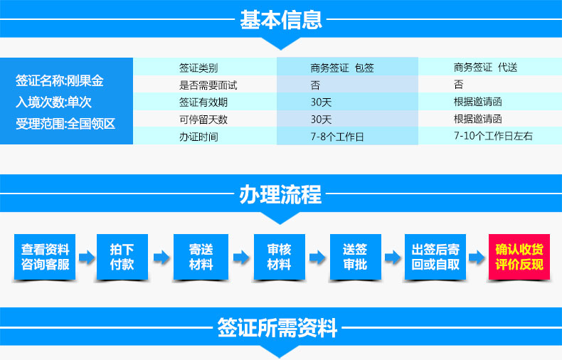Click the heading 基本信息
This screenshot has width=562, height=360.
pyautogui.click(x=281, y=19)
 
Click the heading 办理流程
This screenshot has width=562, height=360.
pyautogui.click(x=280, y=194)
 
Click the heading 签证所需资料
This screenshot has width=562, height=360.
pyautogui.click(x=277, y=327)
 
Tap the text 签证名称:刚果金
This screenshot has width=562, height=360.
pyautogui.click(x=60, y=80)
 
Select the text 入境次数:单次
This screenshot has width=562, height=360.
pyautogui.click(x=53, y=102)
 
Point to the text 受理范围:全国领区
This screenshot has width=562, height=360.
pyautogui.click(x=65, y=124)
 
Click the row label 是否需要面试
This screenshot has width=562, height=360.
pyautogui.click(x=208, y=85)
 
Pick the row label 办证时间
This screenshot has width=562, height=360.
pyautogui.click(x=198, y=137)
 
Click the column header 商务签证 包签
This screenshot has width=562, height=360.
pyautogui.click(x=342, y=68)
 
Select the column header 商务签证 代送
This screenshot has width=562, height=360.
pyautogui.click(x=485, y=67)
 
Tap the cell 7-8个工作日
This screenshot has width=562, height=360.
pyautogui.click(x=337, y=137)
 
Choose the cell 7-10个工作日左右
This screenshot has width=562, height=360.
pyautogui.click(x=493, y=136)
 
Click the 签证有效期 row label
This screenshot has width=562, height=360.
pyautogui.click(x=203, y=102)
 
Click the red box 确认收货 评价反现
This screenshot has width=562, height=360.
pyautogui.click(x=519, y=257)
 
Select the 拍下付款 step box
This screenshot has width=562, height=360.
pyautogui.click(x=122, y=257)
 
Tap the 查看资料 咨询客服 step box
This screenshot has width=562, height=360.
pyautogui.click(x=45, y=257)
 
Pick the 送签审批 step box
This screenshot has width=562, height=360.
pyautogui.click(x=355, y=257)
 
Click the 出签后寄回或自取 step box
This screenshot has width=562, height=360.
pyautogui.click(x=435, y=257)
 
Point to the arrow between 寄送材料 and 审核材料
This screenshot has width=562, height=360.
pyautogui.click(x=241, y=257)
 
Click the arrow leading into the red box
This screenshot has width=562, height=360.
pyautogui.click(x=477, y=257)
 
